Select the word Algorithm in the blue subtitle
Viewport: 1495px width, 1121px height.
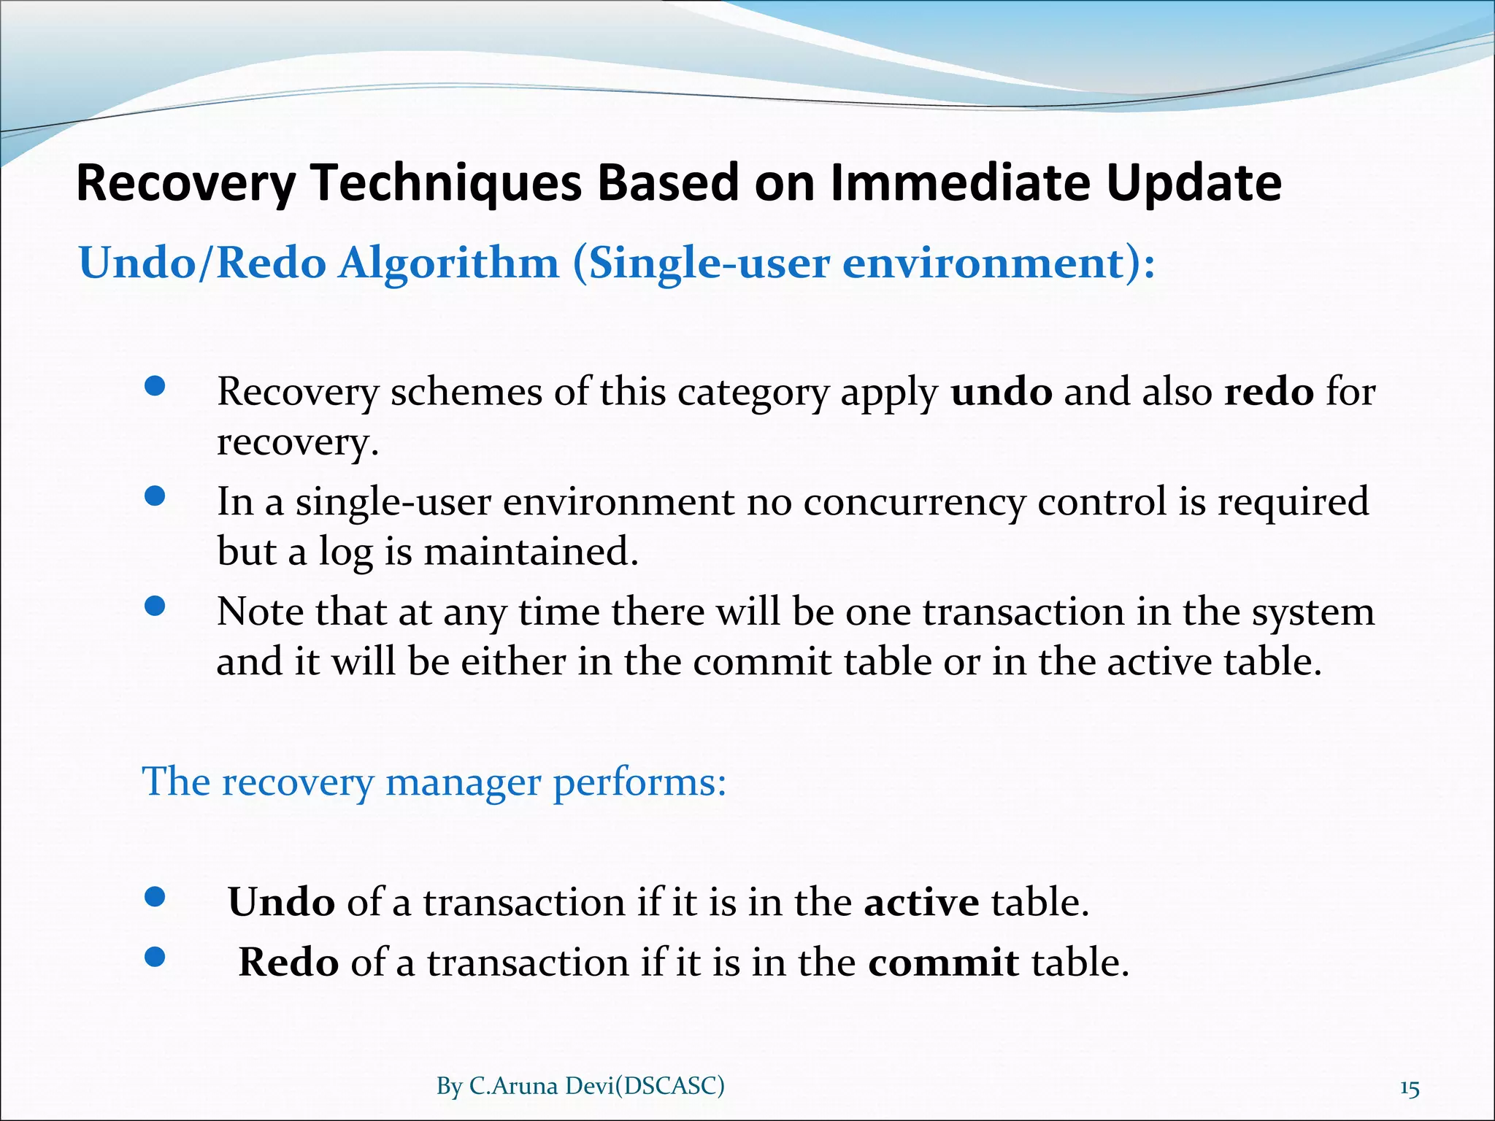pos(447,263)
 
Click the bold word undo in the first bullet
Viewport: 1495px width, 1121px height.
pos(1002,392)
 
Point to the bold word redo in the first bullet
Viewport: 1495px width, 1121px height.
pos(1269,392)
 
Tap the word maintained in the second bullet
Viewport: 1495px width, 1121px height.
pos(531,551)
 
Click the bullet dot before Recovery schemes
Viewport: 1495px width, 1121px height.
pos(155,387)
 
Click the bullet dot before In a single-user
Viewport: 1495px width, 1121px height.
pos(155,497)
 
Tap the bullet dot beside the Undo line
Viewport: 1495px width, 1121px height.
pos(155,897)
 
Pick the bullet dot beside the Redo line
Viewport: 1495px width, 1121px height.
pos(155,957)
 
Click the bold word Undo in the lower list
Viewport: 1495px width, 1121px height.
pos(281,902)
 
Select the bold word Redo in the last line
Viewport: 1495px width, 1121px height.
pos(288,963)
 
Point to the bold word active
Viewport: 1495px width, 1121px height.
pos(921,902)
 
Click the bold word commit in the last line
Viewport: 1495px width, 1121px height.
pos(943,963)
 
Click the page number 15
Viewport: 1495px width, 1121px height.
pos(1410,1089)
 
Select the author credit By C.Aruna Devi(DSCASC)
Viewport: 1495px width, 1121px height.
pos(580,1086)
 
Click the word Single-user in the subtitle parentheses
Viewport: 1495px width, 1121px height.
pos(708,263)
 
